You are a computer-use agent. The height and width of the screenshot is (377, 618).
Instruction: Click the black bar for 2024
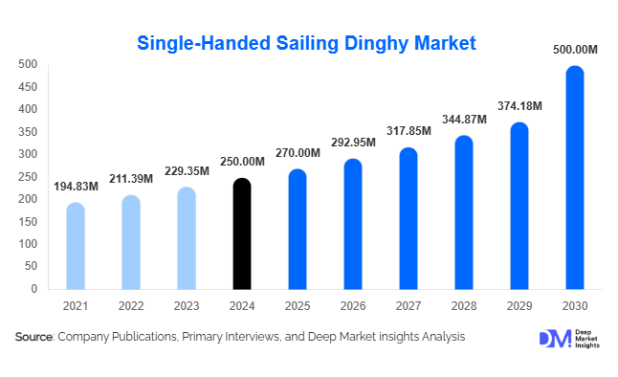(x=242, y=233)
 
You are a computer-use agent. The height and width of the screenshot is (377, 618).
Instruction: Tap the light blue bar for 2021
(x=76, y=246)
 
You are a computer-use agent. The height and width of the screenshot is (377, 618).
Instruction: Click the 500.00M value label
(x=574, y=48)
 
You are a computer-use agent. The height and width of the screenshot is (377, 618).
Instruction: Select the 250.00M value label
(x=242, y=161)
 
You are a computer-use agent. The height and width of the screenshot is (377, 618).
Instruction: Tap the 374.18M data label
(x=519, y=104)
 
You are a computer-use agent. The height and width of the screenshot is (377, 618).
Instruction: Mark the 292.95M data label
(x=353, y=142)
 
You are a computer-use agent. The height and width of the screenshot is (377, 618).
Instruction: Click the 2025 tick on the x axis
(x=298, y=305)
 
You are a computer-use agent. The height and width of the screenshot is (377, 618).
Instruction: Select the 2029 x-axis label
(x=519, y=305)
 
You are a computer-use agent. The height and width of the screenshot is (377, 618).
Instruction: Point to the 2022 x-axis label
(x=131, y=305)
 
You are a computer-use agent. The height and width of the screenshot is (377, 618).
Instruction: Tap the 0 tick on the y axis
(x=33, y=289)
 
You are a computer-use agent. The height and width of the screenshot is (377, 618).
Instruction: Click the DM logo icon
(x=553, y=339)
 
